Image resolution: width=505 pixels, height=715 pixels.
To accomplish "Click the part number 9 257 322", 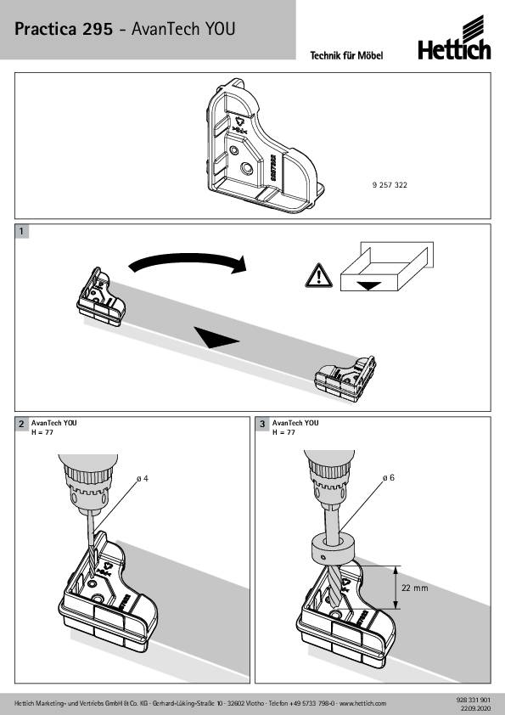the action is click(390, 184).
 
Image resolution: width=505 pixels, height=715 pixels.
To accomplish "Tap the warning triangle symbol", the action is click(319, 275).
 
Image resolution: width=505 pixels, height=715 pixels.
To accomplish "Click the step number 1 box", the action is click(21, 231).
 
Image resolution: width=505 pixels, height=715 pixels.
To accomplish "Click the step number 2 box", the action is click(21, 424).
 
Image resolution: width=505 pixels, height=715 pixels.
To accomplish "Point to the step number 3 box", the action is click(262, 424).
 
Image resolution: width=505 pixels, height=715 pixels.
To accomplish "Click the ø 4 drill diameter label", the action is click(143, 478).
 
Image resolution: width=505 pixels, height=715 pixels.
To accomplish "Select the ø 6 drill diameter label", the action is click(389, 477).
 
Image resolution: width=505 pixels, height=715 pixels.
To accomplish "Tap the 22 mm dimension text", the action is click(415, 588).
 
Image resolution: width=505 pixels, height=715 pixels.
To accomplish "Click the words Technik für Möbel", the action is click(346, 56).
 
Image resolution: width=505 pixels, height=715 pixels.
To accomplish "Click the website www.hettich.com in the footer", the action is click(362, 704).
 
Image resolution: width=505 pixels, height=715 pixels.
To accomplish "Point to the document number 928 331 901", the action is click(473, 700).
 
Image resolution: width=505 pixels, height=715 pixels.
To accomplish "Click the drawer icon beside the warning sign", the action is click(387, 267).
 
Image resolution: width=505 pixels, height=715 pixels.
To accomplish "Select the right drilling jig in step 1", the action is click(345, 378).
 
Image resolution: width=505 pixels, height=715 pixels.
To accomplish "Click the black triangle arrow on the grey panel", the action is click(216, 337).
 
